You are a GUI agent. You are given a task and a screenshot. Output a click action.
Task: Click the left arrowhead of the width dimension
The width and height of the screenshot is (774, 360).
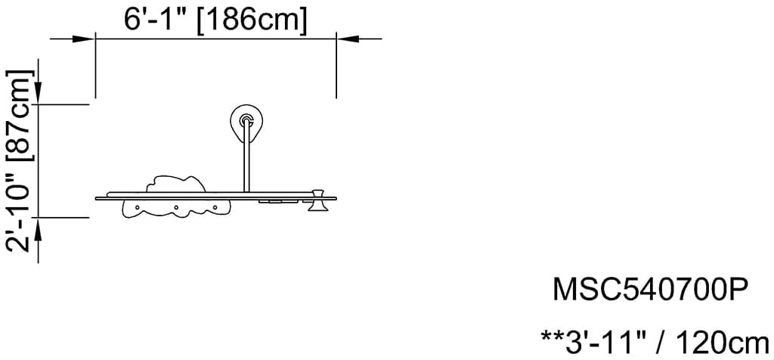83,39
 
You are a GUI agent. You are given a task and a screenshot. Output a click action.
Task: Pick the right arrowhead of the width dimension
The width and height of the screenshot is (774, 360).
348,39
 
